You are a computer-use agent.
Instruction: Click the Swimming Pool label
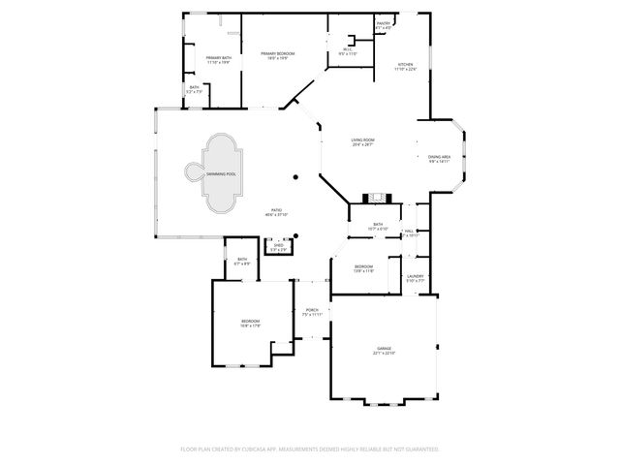pos(220,173)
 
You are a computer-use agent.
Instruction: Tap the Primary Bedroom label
pos(281,54)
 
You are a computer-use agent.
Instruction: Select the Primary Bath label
pos(218,59)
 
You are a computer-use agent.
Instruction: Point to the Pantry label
pos(384,24)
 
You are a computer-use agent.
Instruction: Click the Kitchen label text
pos(405,64)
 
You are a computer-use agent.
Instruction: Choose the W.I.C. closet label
pos(348,51)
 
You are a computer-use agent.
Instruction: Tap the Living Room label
pos(362,141)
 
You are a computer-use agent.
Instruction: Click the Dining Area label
pos(439,158)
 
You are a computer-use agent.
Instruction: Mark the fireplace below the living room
pos(376,199)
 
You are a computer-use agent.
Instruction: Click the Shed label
pos(279,246)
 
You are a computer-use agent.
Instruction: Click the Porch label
pos(312,310)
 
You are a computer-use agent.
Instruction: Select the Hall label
pos(412,231)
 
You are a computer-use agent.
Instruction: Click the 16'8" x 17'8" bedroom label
pos(251,322)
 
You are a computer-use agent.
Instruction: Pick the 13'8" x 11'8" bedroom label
pos(363,266)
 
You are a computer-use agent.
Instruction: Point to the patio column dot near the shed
pos(296,235)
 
